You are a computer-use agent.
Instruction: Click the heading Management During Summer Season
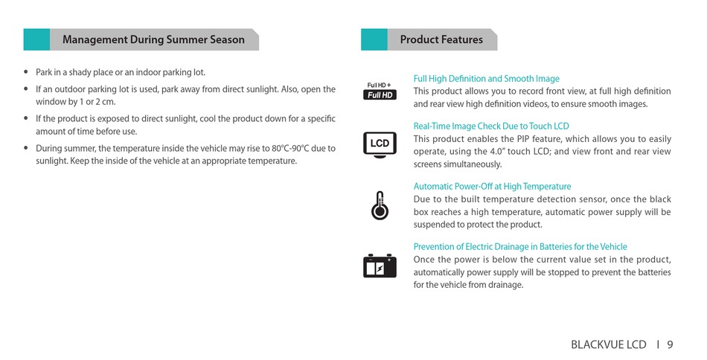click(153, 39)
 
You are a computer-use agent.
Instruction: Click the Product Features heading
click(441, 39)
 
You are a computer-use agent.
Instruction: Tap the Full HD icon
click(380, 91)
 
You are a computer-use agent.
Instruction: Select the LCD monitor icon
click(380, 144)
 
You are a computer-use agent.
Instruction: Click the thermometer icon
click(380, 205)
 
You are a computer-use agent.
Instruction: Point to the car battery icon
click(380, 266)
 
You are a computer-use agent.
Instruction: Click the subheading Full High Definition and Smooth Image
click(487, 79)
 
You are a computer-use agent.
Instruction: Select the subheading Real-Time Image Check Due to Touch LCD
click(491, 126)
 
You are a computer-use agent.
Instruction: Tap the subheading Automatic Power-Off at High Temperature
click(492, 187)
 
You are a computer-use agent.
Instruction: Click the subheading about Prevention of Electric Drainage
click(520, 247)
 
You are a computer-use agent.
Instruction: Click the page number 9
click(670, 344)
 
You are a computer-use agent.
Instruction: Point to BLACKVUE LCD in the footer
click(608, 344)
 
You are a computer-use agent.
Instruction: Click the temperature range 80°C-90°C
click(290, 148)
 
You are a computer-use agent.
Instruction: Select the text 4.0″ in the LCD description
click(497, 152)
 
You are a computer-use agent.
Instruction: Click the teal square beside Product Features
click(374, 39)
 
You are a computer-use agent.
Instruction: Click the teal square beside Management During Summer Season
click(36, 39)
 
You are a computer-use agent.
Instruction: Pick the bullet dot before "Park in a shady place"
click(26, 72)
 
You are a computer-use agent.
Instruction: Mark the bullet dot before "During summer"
click(26, 148)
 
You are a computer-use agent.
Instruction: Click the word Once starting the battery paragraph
click(424, 260)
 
